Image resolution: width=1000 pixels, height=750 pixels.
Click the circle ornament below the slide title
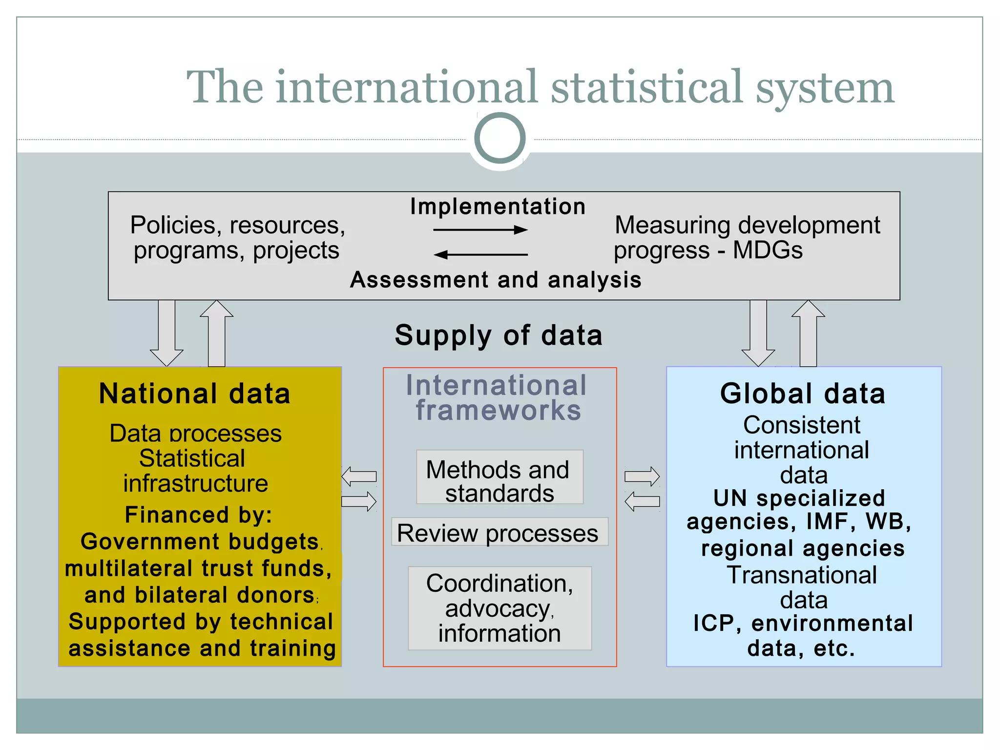(x=500, y=138)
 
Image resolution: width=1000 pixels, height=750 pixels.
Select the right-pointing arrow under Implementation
(x=480, y=229)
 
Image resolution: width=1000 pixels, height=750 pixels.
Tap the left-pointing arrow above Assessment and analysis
(x=480, y=254)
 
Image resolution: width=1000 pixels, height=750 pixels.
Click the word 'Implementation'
(x=498, y=206)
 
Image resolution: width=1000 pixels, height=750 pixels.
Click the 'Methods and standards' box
(x=500, y=477)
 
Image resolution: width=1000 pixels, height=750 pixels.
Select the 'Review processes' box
(x=500, y=532)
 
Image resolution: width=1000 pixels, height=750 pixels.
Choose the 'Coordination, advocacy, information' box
(x=500, y=608)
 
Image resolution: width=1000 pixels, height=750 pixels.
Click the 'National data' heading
(x=194, y=394)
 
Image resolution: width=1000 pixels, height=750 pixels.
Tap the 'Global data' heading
(x=802, y=394)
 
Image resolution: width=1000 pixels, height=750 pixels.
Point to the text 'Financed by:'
(x=198, y=515)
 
